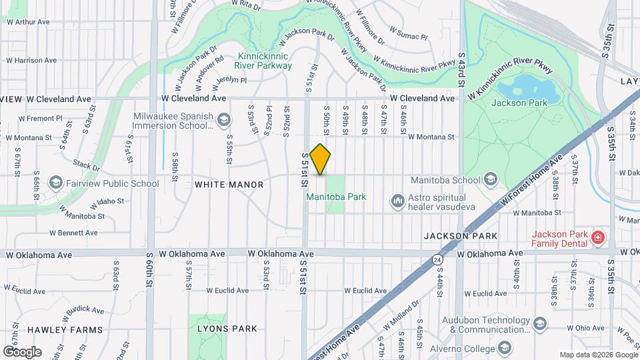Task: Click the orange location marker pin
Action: coord(321,159)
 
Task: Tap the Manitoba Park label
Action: coord(327,197)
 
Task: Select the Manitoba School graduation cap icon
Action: coord(491,179)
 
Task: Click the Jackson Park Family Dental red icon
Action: coord(598,237)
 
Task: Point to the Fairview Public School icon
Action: coord(55,183)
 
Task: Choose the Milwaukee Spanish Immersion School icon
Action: coord(223,120)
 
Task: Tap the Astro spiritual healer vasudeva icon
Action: coord(398,200)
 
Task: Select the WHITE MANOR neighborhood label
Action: coord(229,185)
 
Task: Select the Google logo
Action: coord(22,351)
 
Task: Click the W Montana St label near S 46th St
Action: coord(431,137)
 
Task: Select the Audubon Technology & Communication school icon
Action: coord(539,324)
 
